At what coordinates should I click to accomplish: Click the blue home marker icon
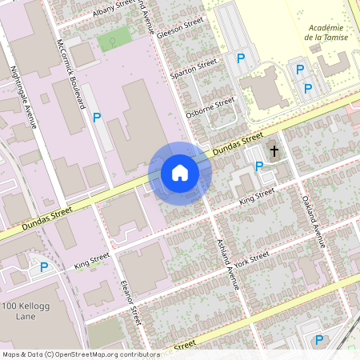180,173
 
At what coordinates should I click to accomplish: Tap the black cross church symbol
274,150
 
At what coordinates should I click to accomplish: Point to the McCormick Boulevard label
70,74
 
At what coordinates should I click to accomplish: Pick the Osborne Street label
210,107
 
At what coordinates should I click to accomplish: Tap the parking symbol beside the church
258,166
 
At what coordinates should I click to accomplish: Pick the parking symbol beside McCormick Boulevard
97,118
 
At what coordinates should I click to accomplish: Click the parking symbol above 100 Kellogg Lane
44,267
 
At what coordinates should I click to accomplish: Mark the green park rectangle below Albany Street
114,38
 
